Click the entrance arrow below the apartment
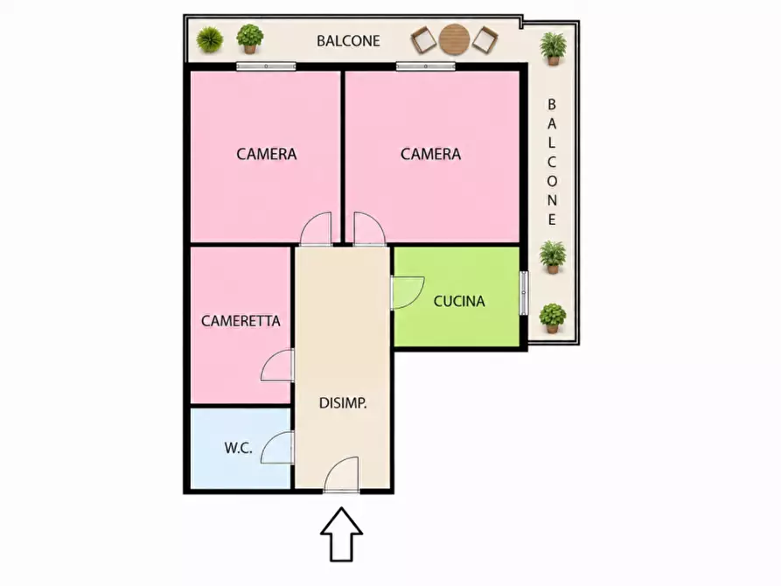(341, 534)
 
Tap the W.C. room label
(238, 448)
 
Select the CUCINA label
(459, 301)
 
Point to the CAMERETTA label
(241, 320)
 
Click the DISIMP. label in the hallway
(343, 402)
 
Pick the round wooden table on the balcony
(455, 39)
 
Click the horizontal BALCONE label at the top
(348, 40)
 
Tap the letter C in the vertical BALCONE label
(552, 162)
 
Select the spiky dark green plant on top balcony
(210, 40)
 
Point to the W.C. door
(277, 448)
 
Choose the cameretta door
(277, 366)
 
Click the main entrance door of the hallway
(342, 474)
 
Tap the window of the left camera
(266, 66)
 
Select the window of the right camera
(425, 66)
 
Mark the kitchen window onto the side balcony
(524, 293)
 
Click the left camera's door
(316, 229)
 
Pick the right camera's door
(369, 229)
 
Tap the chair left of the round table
(423, 40)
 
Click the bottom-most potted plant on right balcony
(553, 318)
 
